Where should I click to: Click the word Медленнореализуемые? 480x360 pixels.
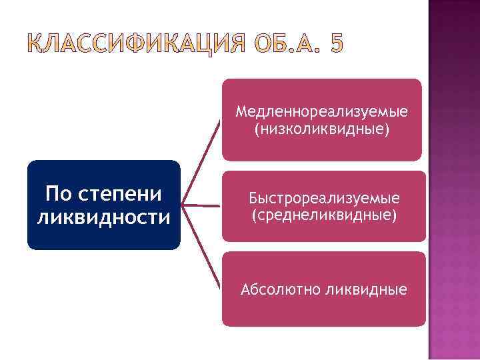click(x=321, y=111)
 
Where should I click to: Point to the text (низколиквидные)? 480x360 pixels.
click(x=321, y=128)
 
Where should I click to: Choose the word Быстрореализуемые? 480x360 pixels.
click(x=324, y=199)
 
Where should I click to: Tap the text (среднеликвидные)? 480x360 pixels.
click(x=324, y=215)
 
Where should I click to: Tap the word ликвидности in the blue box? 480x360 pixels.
click(x=104, y=217)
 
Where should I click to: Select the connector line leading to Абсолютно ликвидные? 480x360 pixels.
click(x=204, y=249)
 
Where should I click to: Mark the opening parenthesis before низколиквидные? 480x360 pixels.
click(x=256, y=128)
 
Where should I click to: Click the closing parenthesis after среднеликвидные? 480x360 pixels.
click(x=395, y=215)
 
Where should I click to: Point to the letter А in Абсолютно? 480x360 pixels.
click(x=246, y=289)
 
